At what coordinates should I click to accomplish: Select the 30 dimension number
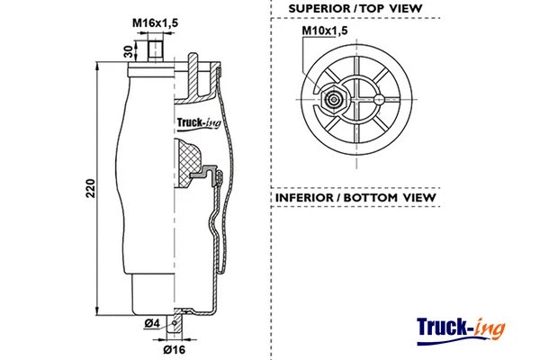coord(129,52)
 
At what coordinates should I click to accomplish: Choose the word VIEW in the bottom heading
coord(420,197)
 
